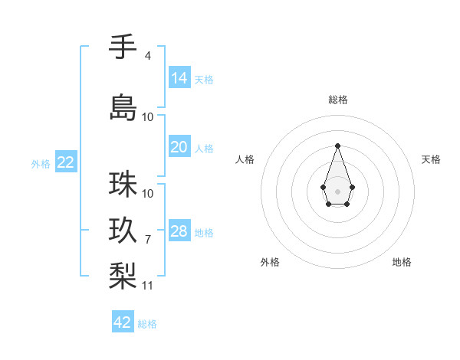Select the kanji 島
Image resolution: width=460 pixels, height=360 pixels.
[123, 107]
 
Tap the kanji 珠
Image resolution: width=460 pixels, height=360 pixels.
[123, 185]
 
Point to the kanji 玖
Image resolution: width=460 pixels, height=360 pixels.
[123, 230]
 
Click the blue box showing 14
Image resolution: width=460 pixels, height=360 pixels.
[179, 78]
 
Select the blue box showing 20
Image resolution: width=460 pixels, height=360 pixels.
[179, 147]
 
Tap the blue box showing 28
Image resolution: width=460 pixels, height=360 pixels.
[179, 231]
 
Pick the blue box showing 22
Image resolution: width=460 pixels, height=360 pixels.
[65, 162]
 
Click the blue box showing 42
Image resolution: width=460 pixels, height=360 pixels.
[123, 322]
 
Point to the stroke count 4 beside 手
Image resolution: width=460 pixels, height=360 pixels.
[147, 56]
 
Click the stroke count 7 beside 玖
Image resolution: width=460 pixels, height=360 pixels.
[147, 240]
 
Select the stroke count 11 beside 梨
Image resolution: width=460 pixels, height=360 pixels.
[148, 286]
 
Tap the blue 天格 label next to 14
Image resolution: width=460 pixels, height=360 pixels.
[204, 80]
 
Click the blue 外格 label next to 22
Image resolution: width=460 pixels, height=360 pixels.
[41, 163]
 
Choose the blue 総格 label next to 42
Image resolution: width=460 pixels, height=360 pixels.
[147, 324]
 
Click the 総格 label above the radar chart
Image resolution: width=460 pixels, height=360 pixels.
[338, 100]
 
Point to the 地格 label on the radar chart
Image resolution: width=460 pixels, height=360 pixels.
[402, 262]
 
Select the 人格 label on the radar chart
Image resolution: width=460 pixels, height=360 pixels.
[245, 159]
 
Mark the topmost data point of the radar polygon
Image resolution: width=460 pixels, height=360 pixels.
[337, 146]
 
